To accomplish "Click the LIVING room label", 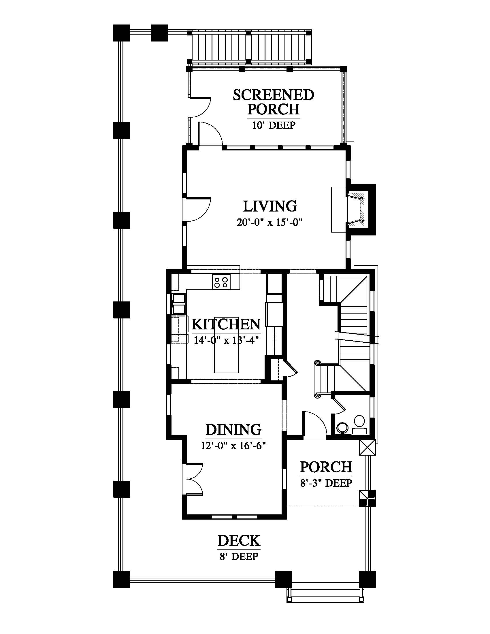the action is (x=270, y=206).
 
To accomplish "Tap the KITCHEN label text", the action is (x=226, y=324).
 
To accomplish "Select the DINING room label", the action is (x=233, y=430).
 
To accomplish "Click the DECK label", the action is (x=239, y=541).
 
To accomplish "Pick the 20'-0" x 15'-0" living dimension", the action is (x=270, y=222).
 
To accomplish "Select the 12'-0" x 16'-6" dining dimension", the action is (x=233, y=445).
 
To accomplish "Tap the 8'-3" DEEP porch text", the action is (x=326, y=483).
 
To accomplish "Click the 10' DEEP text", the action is (x=274, y=125).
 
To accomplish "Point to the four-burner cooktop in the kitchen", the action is (x=221, y=282).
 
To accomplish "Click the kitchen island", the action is (x=227, y=345).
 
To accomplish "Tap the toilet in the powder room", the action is (x=359, y=424).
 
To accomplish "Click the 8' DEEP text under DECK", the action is (x=239, y=556).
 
